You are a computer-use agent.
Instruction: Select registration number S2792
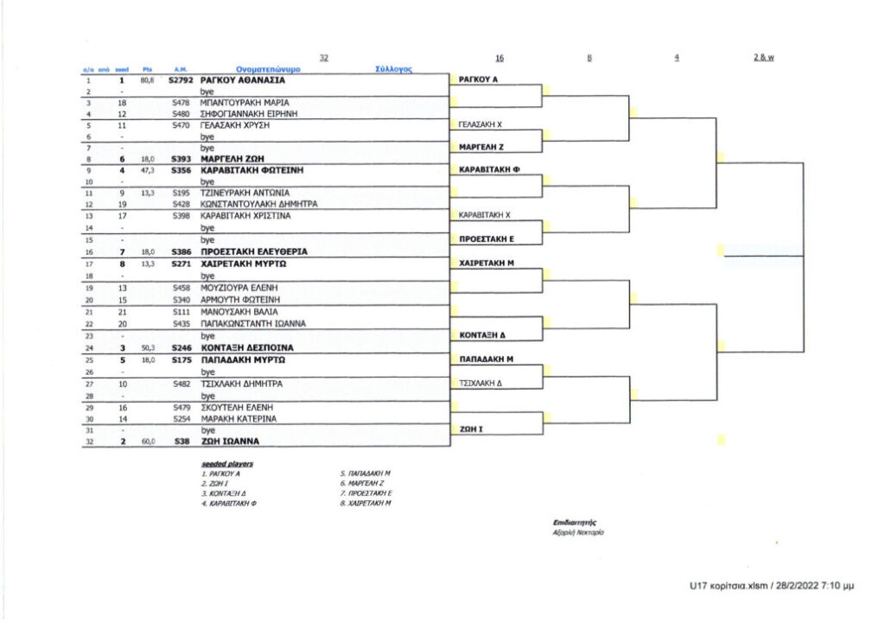pos(180,79)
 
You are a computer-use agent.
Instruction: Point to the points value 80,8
pos(146,79)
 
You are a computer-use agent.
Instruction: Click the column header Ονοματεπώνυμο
pos(268,68)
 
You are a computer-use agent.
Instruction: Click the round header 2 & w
pos(763,57)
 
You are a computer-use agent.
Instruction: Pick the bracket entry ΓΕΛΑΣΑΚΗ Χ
pos(480,124)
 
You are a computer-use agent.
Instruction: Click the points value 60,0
pos(146,441)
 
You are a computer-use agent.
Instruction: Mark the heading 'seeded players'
pos(221,464)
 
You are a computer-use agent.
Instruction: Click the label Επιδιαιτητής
pos(575,523)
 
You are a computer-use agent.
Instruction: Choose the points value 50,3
pos(146,347)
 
